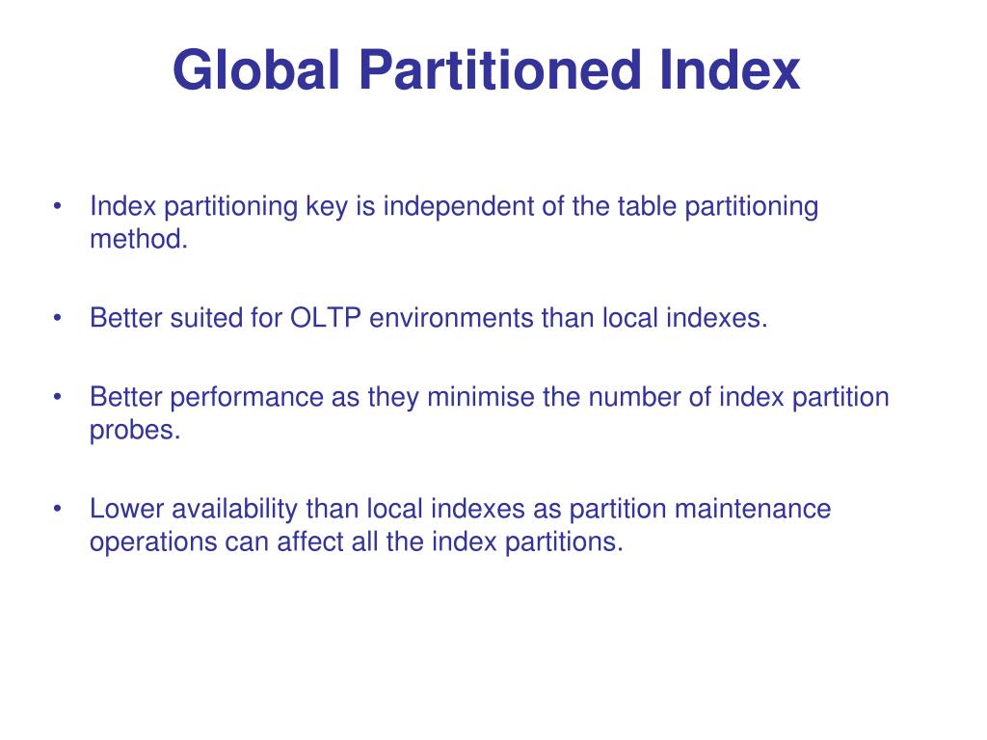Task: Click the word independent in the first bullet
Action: coord(458,206)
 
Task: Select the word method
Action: coord(138,239)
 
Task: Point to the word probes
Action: coord(135,430)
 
